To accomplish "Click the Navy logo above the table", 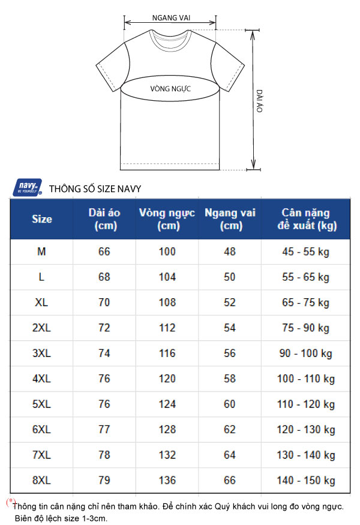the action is (x=28, y=187).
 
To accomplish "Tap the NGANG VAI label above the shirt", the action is (x=171, y=18).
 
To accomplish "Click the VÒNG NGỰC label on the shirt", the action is (x=170, y=89).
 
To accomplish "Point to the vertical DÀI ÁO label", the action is (x=260, y=101).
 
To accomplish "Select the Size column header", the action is (x=42, y=219).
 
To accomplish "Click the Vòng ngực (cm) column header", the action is (x=167, y=219).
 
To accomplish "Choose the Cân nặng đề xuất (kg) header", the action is (x=306, y=219).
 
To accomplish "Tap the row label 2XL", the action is (x=41, y=328).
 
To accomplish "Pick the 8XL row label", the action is (x=41, y=481).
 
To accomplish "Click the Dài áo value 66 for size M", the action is (x=104, y=251).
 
